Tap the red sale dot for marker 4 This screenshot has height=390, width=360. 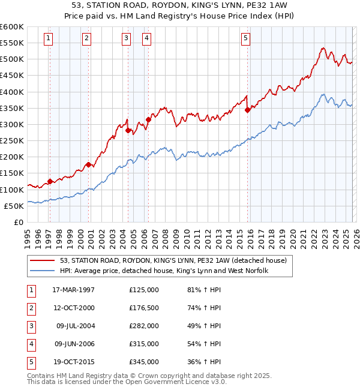(x=148, y=119)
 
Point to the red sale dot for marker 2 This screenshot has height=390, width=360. (x=88, y=164)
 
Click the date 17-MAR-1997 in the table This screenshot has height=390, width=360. (x=73, y=290)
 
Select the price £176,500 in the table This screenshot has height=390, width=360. (x=144, y=308)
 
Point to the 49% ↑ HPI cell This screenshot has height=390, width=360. (x=204, y=326)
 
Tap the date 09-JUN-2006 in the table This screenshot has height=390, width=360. (x=73, y=344)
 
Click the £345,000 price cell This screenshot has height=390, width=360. (x=144, y=362)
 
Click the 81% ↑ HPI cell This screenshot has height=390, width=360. (x=204, y=290)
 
